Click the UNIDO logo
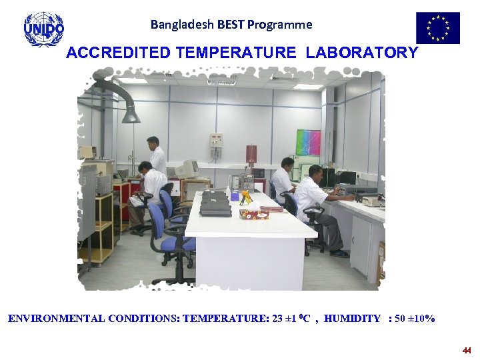(x=44, y=29)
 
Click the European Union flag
(x=438, y=28)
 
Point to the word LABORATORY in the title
(x=362, y=53)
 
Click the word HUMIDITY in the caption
(x=352, y=319)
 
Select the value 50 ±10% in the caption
(x=415, y=319)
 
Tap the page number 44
(x=467, y=350)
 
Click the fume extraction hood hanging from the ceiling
(x=130, y=113)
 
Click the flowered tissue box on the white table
(x=254, y=214)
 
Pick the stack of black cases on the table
(x=215, y=204)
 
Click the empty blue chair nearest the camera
(x=171, y=237)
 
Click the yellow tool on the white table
(x=245, y=197)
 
